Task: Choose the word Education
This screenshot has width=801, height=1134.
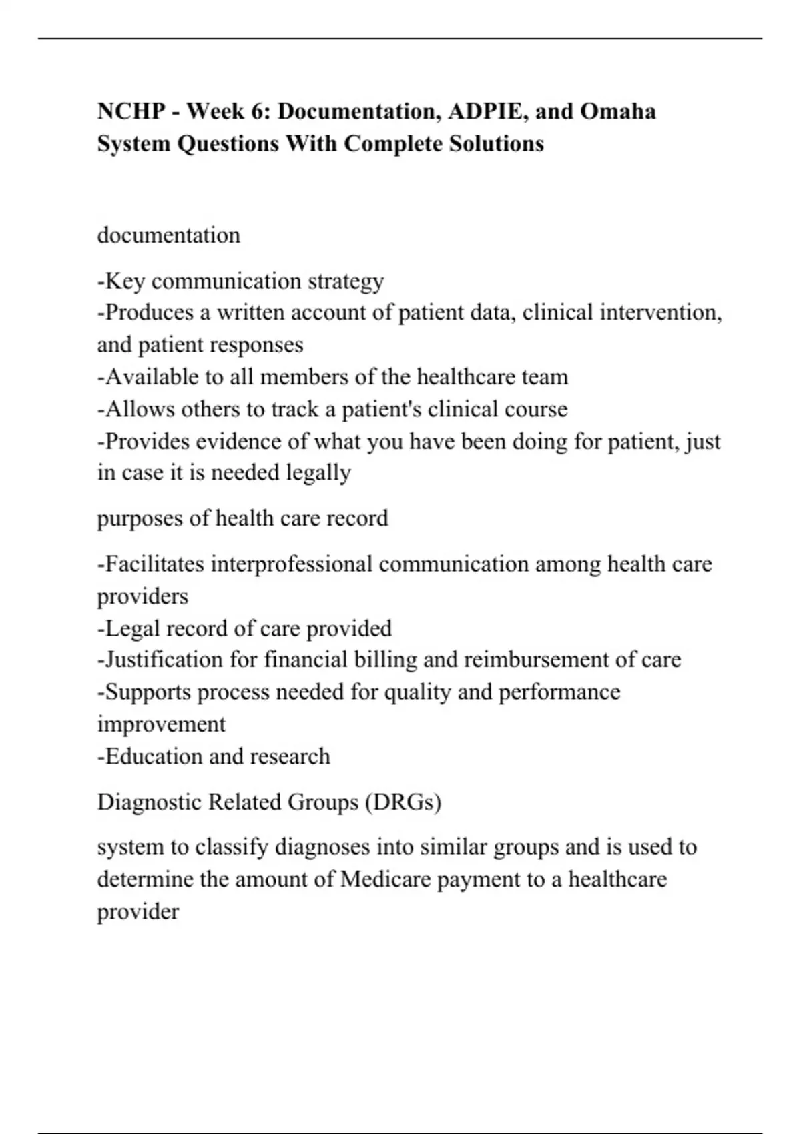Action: coord(154,756)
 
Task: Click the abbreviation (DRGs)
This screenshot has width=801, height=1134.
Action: coord(403,802)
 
